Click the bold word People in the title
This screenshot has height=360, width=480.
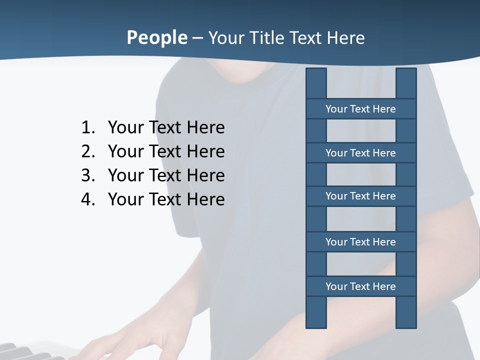point(156,38)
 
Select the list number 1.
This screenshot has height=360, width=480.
point(87,128)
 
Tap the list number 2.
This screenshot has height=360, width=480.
point(87,151)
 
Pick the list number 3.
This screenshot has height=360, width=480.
point(87,175)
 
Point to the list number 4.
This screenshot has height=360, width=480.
point(87,199)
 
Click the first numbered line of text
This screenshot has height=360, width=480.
point(166,128)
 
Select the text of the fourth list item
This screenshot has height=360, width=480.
point(166,199)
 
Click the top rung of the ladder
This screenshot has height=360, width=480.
point(360,109)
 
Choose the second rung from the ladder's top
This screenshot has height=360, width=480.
point(360,153)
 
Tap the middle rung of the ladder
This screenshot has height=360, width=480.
point(360,196)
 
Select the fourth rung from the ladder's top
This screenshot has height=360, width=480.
point(360,242)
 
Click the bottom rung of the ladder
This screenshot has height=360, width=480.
point(360,286)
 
